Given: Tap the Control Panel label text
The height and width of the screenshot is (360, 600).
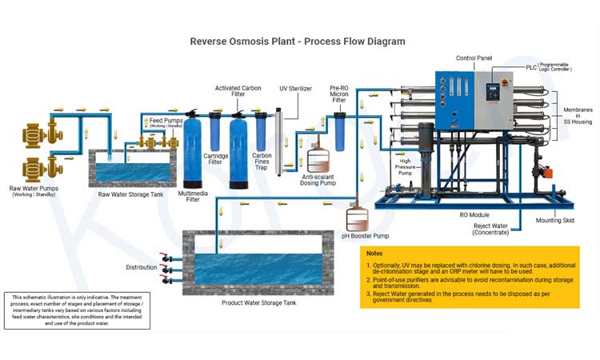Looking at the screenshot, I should point(474,58).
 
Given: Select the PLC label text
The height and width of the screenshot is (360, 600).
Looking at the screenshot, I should point(532,67).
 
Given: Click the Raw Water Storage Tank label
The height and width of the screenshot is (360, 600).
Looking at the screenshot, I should point(130,194).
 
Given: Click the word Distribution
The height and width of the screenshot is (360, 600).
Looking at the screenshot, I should point(142,267).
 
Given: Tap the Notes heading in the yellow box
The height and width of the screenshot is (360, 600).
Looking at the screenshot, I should point(375,253).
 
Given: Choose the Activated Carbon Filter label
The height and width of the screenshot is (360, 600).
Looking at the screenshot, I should point(238,92).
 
